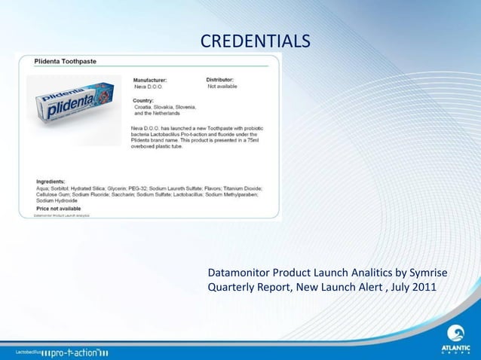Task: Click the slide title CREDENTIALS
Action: (x=255, y=39)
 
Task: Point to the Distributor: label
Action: (x=225, y=79)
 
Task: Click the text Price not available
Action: (x=60, y=207)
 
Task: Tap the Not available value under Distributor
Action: (x=222, y=86)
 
